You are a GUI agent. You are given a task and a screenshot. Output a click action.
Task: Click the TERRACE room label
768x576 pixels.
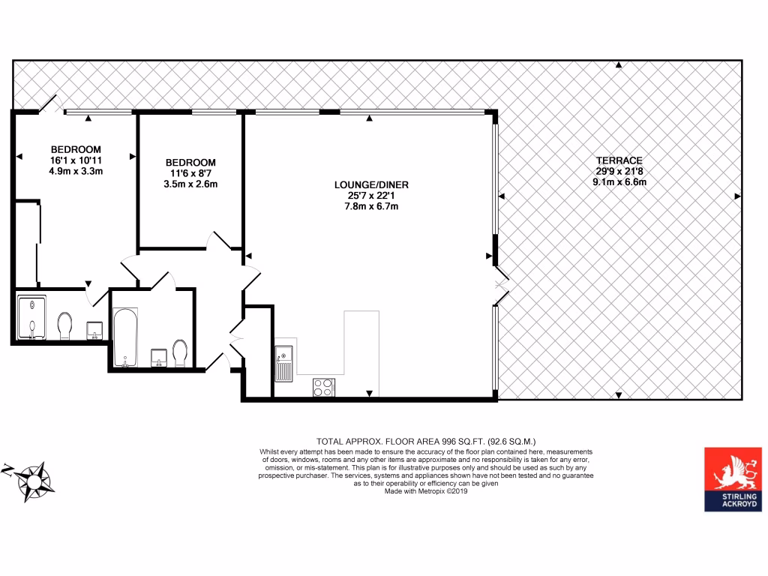619,160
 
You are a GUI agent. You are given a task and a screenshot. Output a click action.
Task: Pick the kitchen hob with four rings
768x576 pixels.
324,387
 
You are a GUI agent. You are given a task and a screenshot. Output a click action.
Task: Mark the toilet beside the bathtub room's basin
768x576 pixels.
180,352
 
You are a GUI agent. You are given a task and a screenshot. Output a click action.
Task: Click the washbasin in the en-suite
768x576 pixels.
95,331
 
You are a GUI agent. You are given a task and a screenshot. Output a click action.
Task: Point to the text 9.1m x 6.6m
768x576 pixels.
619,181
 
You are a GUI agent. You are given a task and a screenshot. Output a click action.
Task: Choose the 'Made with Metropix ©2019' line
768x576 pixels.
425,491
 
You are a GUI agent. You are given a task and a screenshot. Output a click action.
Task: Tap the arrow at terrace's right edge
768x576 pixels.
737,196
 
